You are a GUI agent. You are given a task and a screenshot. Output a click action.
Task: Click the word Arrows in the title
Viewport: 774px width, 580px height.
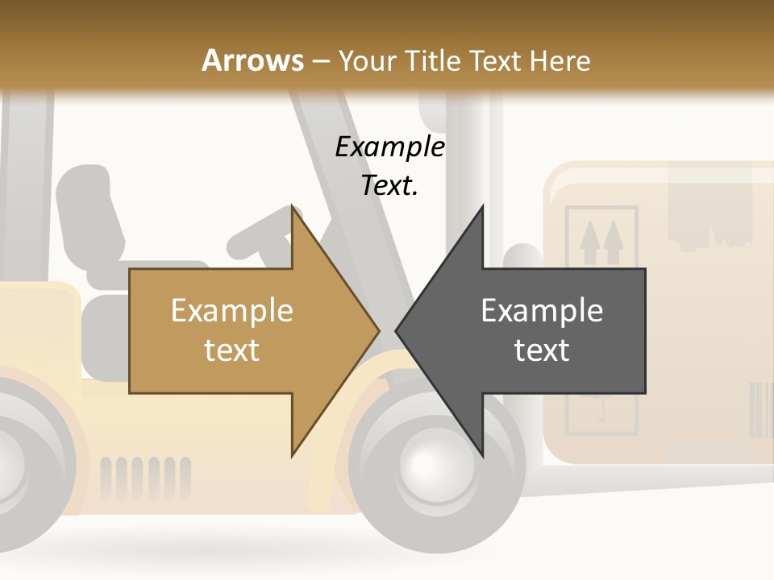click(x=252, y=60)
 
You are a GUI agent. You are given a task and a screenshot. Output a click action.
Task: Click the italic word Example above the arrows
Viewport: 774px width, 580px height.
click(x=390, y=147)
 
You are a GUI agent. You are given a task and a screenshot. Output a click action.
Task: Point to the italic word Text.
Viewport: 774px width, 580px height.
click(x=389, y=186)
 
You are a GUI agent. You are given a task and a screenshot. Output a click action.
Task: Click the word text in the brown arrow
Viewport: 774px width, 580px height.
click(x=231, y=350)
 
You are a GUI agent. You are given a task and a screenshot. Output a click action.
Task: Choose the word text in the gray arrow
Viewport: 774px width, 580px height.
click(x=542, y=350)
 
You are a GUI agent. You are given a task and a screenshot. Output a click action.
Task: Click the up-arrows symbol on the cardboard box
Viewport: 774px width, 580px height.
click(x=602, y=238)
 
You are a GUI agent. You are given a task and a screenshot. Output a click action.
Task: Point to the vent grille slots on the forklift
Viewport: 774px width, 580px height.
click(x=145, y=478)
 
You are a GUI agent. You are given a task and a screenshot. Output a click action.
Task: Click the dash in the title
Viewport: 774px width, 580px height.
click(x=321, y=61)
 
